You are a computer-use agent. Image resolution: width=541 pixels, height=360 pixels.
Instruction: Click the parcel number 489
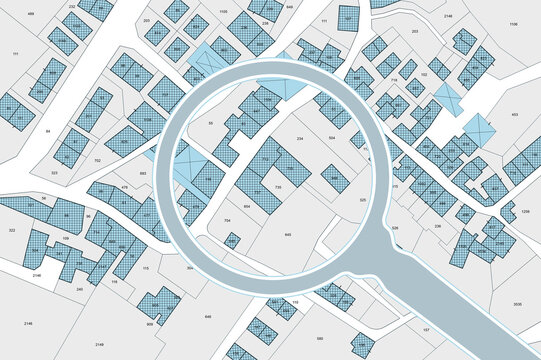pyautogui.click(x=30, y=14)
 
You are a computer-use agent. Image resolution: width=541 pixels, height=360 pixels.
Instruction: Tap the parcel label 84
pyautogui.click(x=48, y=131)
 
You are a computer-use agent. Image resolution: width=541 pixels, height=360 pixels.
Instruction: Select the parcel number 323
pyautogui.click(x=54, y=173)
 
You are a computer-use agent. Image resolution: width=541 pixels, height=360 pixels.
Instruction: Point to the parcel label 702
pyautogui.click(x=97, y=160)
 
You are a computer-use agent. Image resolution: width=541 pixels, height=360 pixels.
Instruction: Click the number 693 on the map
pyautogui.click(x=143, y=173)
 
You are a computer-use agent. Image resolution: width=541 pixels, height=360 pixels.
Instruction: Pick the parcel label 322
pyautogui.click(x=12, y=231)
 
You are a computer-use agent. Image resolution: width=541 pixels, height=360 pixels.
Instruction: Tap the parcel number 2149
pyautogui.click(x=37, y=274)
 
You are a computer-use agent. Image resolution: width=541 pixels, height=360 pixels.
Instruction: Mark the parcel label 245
pyautogui.click(x=79, y=289)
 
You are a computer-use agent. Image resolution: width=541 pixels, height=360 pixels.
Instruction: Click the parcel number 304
pyautogui.click(x=190, y=268)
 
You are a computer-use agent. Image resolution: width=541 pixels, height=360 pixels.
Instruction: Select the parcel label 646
pyautogui.click(x=209, y=316)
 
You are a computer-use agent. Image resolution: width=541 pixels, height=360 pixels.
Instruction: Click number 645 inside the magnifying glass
pyautogui.click(x=288, y=235)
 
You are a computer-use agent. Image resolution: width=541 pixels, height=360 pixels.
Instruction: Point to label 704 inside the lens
pyautogui.click(x=228, y=220)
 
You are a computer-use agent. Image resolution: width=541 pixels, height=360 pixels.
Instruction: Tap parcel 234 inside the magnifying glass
pyautogui.click(x=300, y=138)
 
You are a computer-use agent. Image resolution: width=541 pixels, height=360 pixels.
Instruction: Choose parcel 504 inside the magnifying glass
pyautogui.click(x=332, y=139)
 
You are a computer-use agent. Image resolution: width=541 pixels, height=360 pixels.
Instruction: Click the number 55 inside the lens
pyautogui.click(x=210, y=123)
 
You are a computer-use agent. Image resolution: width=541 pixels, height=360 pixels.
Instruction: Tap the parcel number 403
pyautogui.click(x=514, y=115)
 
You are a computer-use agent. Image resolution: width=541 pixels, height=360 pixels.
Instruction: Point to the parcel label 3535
pyautogui.click(x=516, y=303)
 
